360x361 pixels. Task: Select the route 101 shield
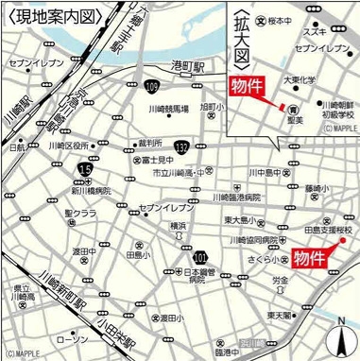point(199,256)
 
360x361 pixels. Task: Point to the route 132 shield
point(180,146)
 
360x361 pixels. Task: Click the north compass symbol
point(340,337)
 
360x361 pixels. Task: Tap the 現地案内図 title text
point(42,17)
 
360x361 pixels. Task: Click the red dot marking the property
point(344,241)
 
